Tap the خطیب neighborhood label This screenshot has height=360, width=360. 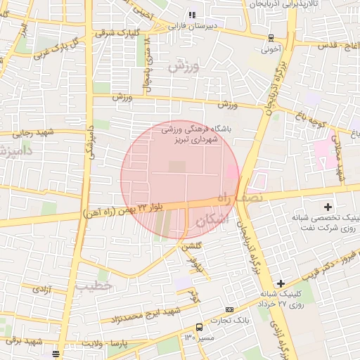(94, 286)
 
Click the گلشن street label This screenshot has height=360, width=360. (193, 245)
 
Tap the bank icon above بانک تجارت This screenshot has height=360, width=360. (229, 309)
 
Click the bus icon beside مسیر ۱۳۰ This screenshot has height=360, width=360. (199, 328)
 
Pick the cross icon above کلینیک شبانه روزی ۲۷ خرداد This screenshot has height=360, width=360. (281, 283)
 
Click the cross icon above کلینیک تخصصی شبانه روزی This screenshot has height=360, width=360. (328, 206)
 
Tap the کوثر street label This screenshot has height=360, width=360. (193, 297)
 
